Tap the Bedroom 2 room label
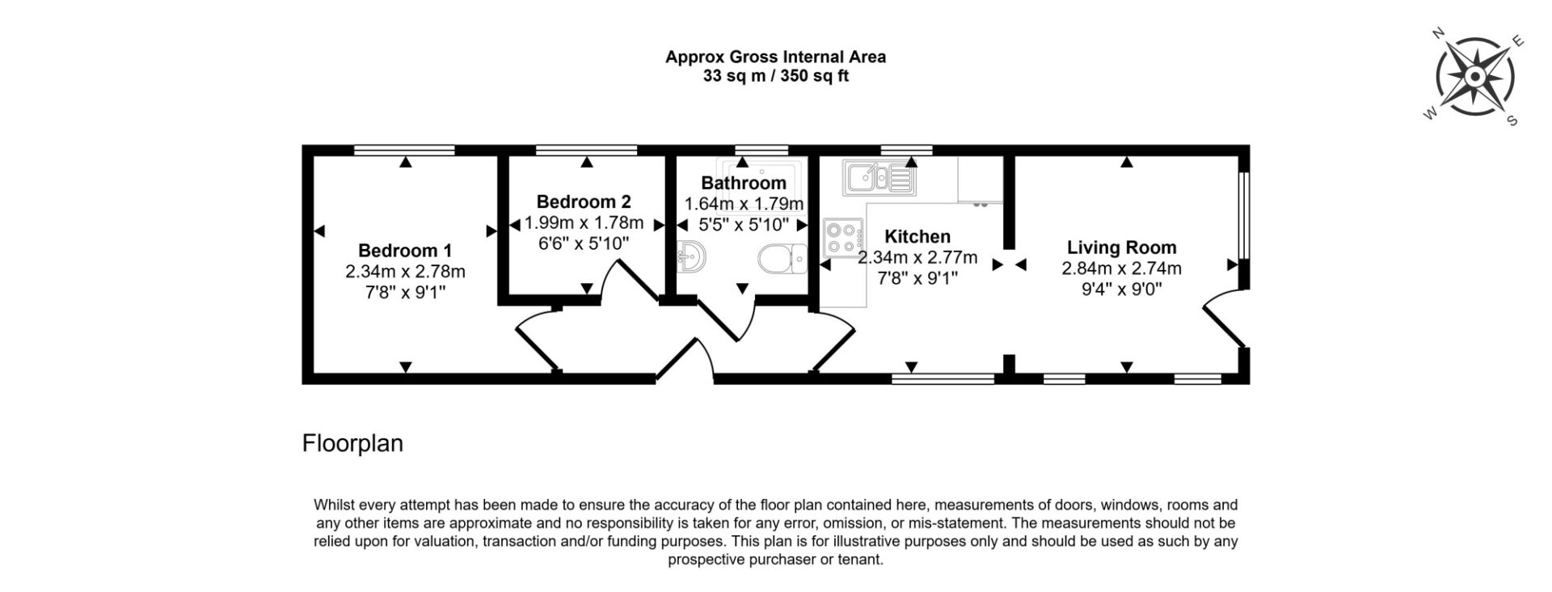tap(584, 201)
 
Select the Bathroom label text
tap(744, 183)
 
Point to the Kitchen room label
tap(917, 237)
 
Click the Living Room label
tap(1122, 247)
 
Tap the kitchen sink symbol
tap(879, 178)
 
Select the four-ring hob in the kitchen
tap(841, 238)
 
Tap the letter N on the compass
tap(1439, 56)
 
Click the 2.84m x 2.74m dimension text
tap(1122, 269)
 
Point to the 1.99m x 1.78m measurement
tap(584, 222)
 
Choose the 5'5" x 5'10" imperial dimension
tap(742, 225)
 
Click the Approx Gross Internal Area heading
tap(775, 57)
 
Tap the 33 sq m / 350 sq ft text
tap(775, 77)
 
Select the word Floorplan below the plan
tap(352, 444)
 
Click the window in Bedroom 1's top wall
tap(404, 150)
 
